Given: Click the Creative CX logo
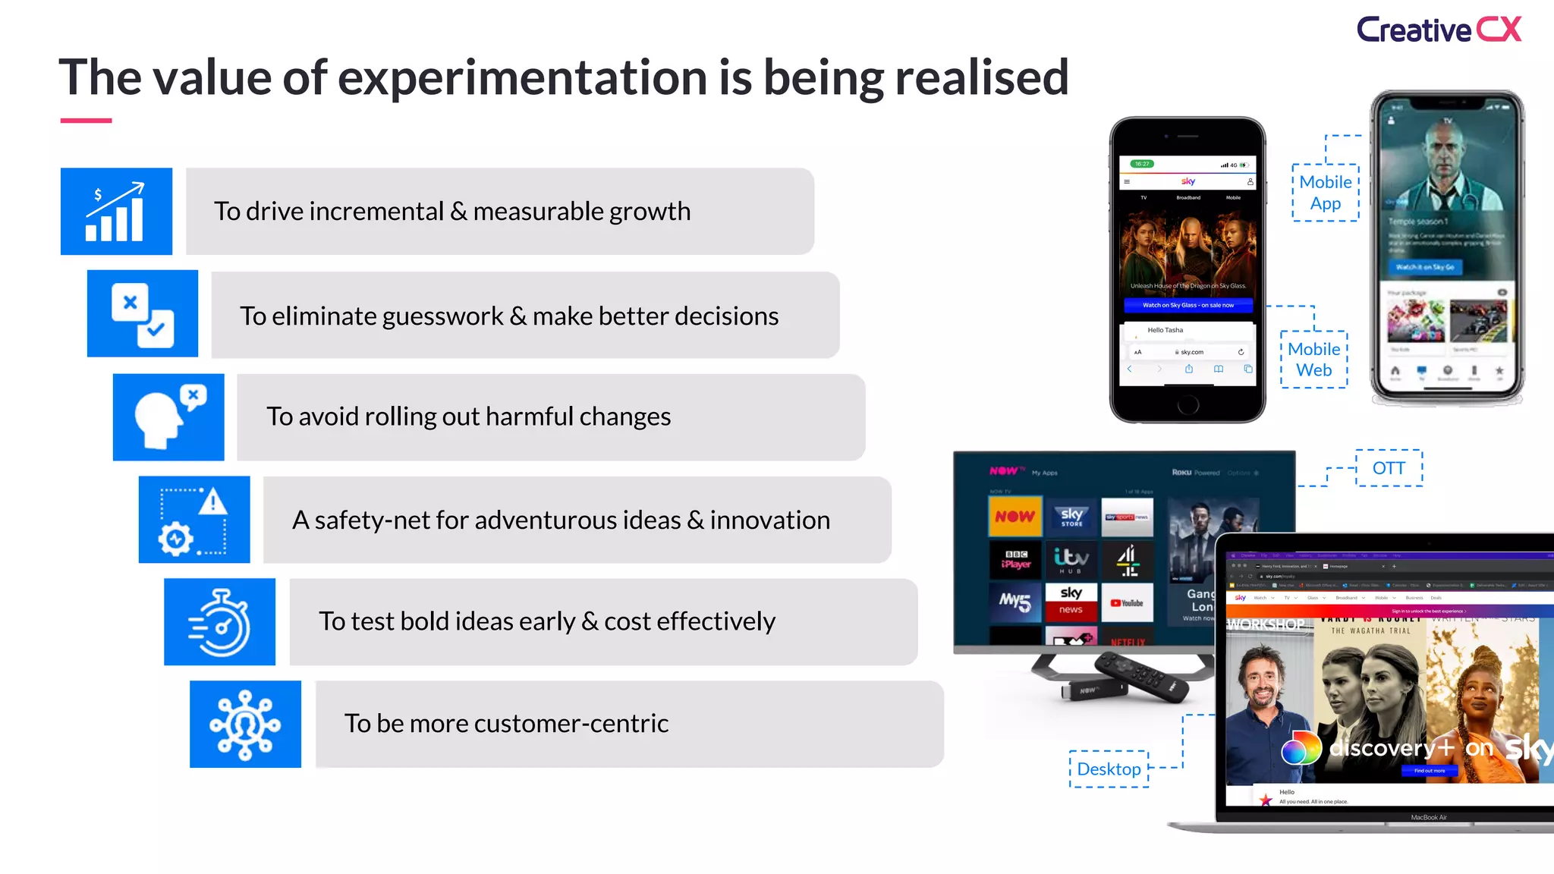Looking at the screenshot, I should [x=1439, y=30].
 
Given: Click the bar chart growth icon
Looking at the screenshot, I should [x=116, y=212].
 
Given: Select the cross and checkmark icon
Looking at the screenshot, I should [x=143, y=314].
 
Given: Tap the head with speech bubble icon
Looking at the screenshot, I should [x=168, y=417].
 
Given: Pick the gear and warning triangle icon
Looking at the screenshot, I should [x=194, y=520].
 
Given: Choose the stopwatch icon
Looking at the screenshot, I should [x=220, y=622].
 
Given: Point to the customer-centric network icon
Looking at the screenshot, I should [x=245, y=725].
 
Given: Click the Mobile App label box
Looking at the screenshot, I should [x=1326, y=193].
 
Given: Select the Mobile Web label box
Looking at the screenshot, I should [x=1314, y=360].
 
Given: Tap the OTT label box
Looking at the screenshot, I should [x=1389, y=468].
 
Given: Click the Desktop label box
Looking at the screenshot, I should [x=1109, y=769].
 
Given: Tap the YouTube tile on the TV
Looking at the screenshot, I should [x=1127, y=603].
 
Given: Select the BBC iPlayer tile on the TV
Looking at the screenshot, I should [x=1016, y=560].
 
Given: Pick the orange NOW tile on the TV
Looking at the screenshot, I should [x=1015, y=517].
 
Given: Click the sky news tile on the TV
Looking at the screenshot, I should [x=1071, y=602].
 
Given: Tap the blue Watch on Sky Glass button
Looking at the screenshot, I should [x=1188, y=305].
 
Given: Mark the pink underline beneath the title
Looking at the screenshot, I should [x=86, y=121].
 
